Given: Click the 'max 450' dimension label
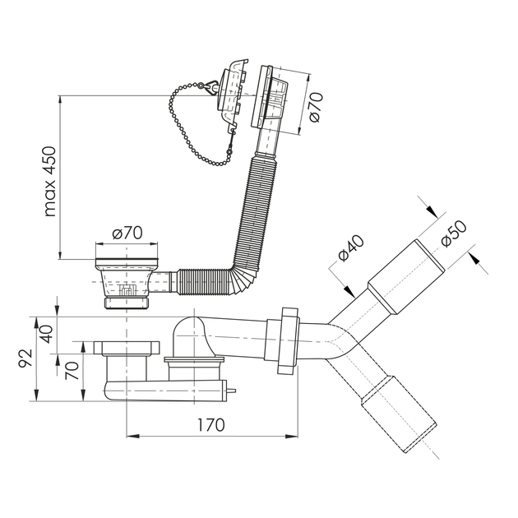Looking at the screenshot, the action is coord(50,182).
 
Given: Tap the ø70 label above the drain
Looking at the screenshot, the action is coord(127,233).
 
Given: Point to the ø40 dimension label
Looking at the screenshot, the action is coord(351,247).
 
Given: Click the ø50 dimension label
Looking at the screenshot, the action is coord(454,234).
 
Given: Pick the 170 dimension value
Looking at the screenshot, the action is coord(210,424).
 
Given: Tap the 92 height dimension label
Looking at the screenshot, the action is coord(25,358).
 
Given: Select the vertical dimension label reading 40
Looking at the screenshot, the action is coord(46,334).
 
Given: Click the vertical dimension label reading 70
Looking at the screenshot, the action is coord(72,370).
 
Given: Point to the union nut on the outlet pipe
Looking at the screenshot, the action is coord(288,341).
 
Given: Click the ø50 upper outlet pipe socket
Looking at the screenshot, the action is coord(405,278).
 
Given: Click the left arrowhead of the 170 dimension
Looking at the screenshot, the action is coord(132,436).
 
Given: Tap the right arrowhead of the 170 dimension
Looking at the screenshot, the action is coord(293,436).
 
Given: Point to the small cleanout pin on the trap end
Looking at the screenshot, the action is coord(232,391).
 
